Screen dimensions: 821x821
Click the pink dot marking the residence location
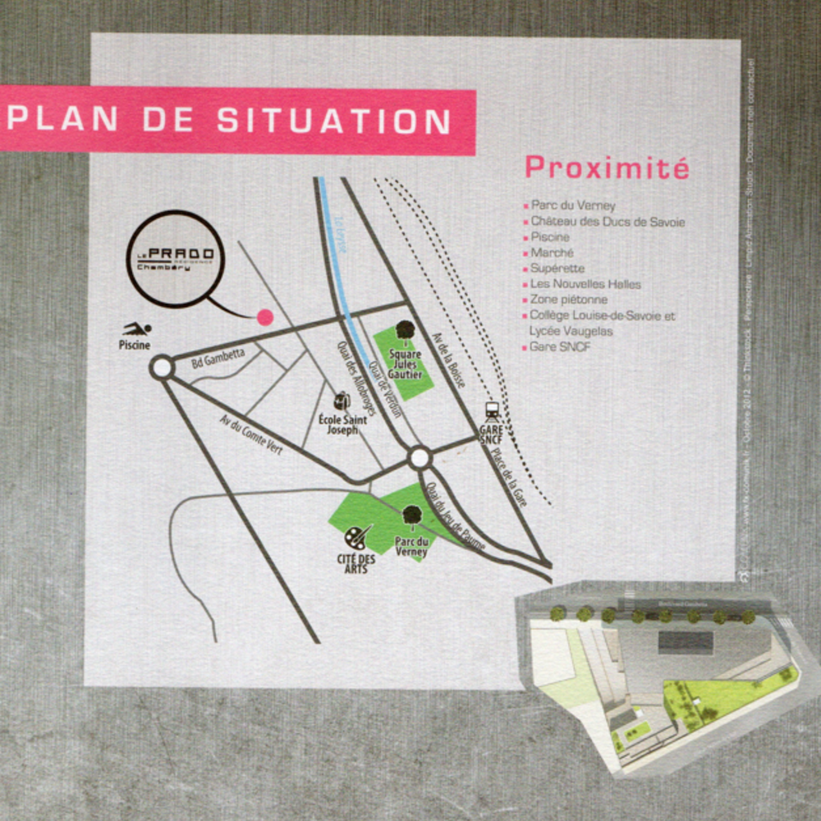click(264, 317)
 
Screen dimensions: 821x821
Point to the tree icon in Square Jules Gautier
click(404, 330)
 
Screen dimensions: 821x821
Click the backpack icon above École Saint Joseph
click(342, 401)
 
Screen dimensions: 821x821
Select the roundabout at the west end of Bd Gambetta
click(163, 368)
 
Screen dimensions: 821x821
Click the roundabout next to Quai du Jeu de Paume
click(420, 457)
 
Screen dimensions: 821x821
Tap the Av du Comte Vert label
click(250, 434)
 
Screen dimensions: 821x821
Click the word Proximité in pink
click(607, 167)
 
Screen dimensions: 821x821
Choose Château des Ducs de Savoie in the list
click(607, 222)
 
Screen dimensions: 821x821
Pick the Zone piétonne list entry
click(568, 300)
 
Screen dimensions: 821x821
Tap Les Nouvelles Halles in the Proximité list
click(585, 284)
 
